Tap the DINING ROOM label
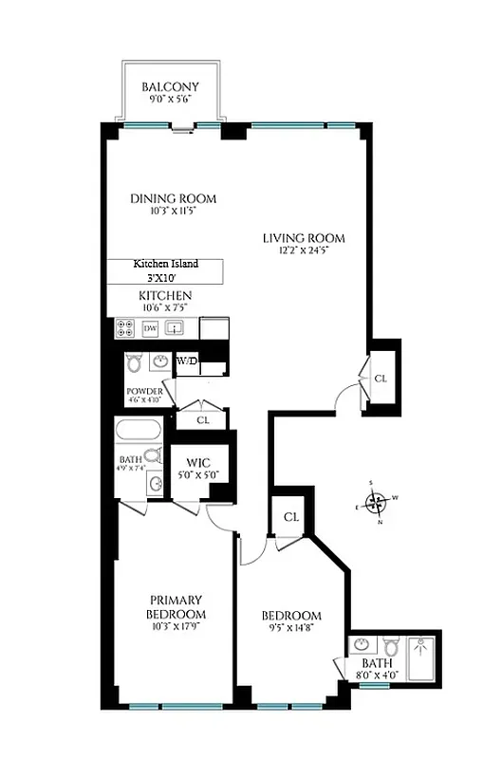click(173, 198)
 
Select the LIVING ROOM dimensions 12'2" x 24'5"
click(304, 251)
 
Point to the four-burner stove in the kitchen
click(124, 328)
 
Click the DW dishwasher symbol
click(150, 328)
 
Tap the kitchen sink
click(175, 328)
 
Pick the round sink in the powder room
click(160, 361)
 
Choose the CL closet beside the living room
click(381, 378)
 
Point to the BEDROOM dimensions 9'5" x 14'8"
click(291, 629)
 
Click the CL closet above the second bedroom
click(291, 517)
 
